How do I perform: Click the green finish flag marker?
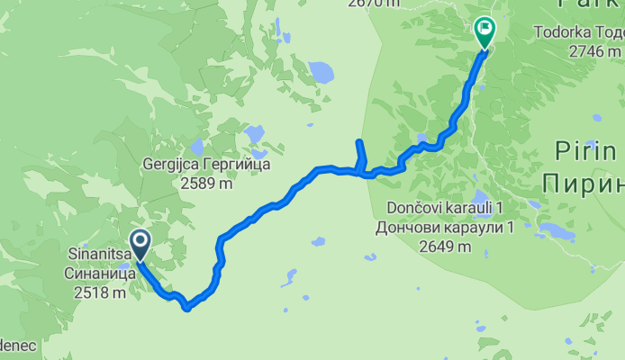tap(485, 31)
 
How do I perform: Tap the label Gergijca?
tap(174, 166)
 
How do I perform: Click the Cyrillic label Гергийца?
tap(239, 166)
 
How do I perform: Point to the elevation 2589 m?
tap(206, 183)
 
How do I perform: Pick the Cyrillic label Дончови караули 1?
tap(445, 226)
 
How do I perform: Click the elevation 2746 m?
tap(596, 50)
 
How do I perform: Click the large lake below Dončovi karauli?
tap(556, 232)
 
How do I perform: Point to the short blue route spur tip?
tap(358, 142)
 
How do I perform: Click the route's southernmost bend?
tap(186, 308)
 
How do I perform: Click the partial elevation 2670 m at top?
tap(373, 4)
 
